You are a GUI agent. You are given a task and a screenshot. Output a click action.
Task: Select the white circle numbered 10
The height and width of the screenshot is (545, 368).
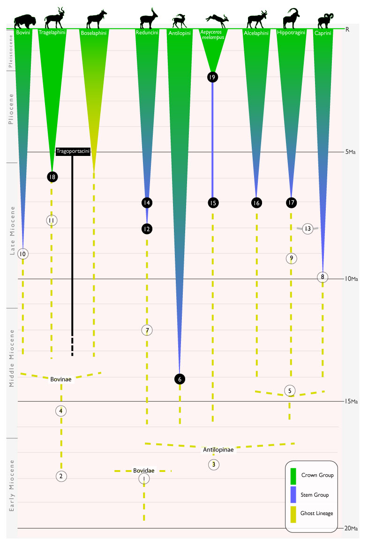click(23, 254)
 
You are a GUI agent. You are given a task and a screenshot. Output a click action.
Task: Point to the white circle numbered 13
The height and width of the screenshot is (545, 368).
click(308, 229)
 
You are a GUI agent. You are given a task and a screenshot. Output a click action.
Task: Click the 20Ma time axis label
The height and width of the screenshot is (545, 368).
click(351, 528)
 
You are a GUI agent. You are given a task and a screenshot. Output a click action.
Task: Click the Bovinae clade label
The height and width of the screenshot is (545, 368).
click(61, 379)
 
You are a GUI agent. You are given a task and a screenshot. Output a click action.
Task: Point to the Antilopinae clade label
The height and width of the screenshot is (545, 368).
click(218, 450)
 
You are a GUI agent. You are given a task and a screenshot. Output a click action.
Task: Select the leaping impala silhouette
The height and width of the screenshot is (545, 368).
click(217, 19)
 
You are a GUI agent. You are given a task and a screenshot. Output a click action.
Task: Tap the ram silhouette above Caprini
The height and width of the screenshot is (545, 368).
click(323, 21)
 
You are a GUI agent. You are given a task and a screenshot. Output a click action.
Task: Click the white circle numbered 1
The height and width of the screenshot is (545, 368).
click(144, 479)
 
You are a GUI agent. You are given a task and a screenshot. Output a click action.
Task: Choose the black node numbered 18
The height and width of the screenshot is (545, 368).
click(52, 177)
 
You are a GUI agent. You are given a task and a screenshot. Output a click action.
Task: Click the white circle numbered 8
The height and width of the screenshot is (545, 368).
click(322, 277)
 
